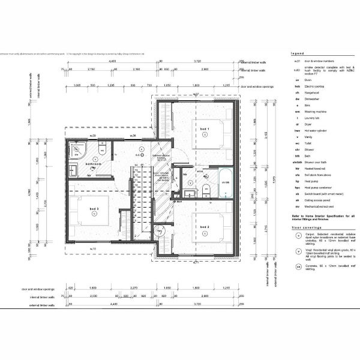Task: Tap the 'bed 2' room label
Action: tap(205, 227)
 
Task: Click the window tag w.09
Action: tap(93, 137)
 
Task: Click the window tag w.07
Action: tap(196, 95)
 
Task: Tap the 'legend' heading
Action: tap(298, 53)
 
